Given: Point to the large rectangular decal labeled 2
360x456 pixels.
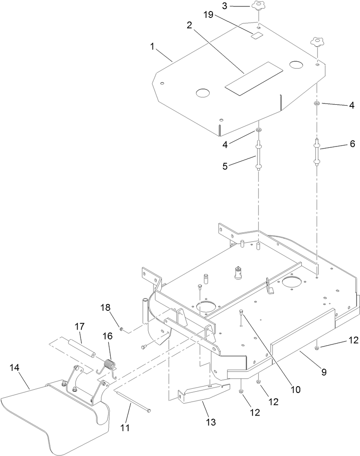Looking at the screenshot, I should [253, 78].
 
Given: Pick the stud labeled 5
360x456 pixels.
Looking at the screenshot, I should [258, 158].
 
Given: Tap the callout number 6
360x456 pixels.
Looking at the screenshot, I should [352, 144].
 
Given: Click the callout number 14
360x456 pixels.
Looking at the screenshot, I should [14, 367].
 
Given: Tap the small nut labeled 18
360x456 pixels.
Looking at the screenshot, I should [121, 329].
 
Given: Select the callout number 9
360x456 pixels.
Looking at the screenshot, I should [324, 372].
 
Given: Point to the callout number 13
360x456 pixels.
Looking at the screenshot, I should [210, 422].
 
